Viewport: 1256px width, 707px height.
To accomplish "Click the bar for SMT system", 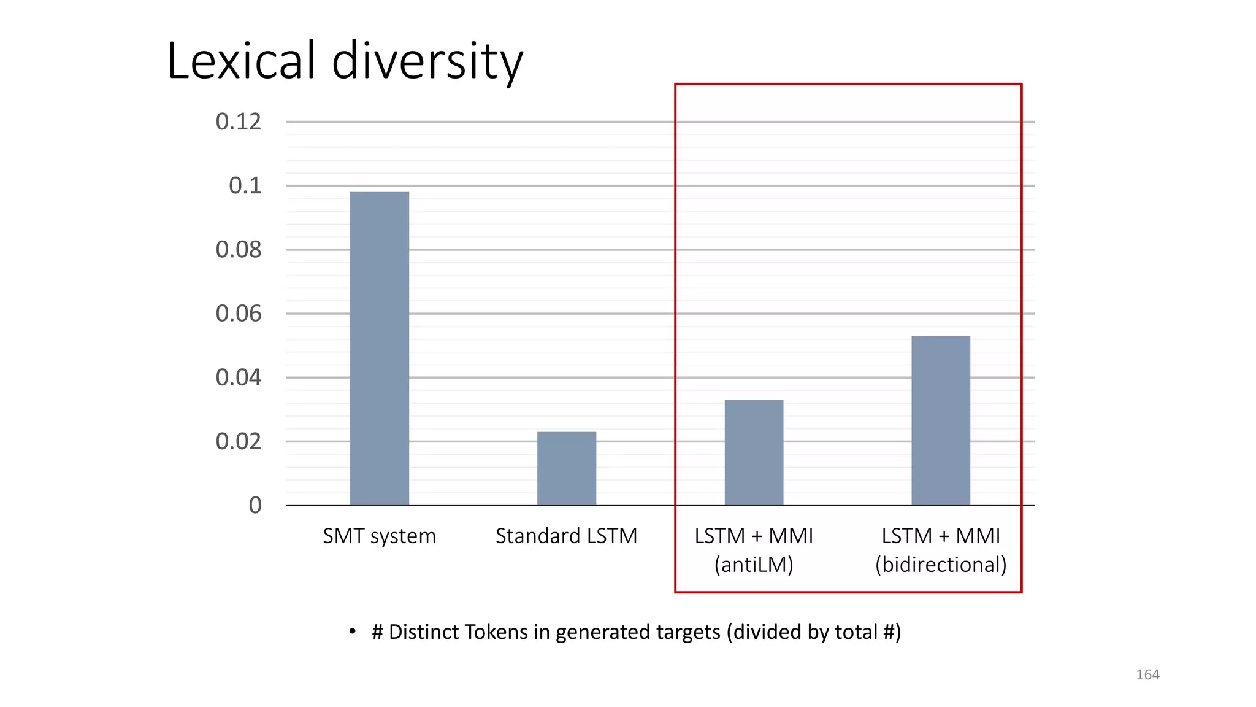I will tap(379, 349).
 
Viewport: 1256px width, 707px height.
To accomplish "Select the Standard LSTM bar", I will tap(566, 468).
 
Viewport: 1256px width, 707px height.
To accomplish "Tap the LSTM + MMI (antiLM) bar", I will tap(754, 452).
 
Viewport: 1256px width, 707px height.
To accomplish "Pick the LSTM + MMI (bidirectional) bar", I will tap(941, 420).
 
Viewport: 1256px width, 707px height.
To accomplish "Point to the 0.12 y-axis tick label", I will tap(238, 122).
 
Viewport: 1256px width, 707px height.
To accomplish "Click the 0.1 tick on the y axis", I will tap(245, 185).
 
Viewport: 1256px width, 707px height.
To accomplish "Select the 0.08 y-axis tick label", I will tap(238, 250).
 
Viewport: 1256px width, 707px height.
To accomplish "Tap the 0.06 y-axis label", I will tap(238, 314).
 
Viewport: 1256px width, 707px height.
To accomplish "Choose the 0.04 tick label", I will tap(238, 377).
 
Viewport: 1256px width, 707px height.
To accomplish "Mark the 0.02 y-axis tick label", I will tap(238, 441).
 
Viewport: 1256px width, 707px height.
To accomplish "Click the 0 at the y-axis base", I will tap(255, 505).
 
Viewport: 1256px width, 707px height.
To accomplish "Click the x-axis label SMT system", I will tap(379, 536).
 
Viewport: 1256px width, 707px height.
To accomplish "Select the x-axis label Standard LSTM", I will tap(566, 536).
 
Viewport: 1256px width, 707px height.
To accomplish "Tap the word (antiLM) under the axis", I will tap(754, 565).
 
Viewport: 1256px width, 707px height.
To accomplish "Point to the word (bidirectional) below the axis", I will tap(941, 565).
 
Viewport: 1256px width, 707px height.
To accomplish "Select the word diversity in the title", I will tap(427, 62).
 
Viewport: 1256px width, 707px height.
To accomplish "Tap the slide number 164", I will tap(1147, 674).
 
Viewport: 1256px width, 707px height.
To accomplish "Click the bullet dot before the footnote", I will tap(352, 632).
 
